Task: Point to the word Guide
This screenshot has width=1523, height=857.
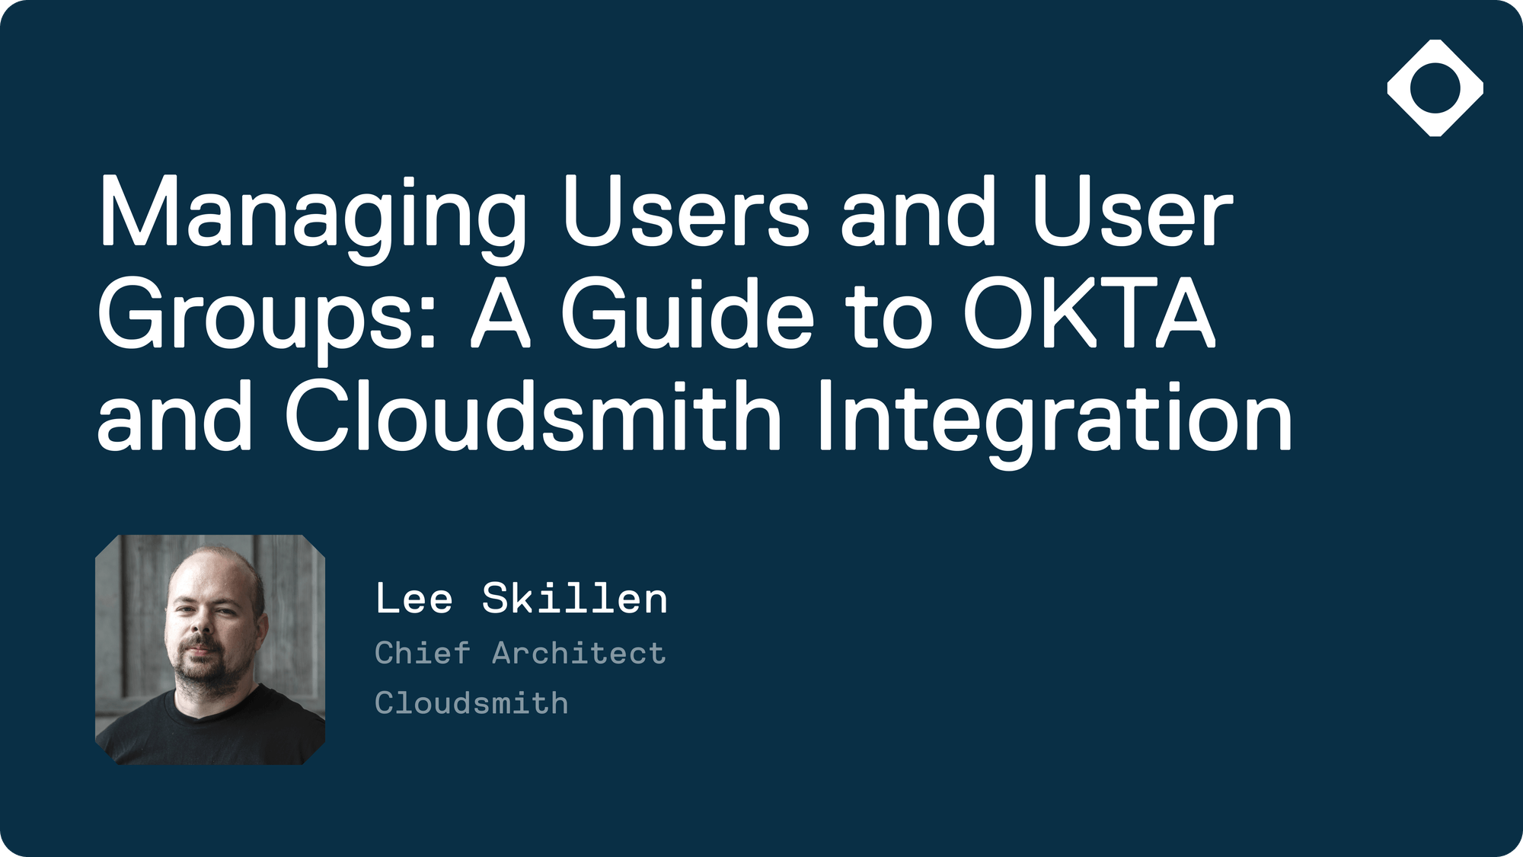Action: (688, 314)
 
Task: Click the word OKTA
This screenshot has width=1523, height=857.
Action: (1089, 314)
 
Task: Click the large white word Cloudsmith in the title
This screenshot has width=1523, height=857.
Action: (533, 416)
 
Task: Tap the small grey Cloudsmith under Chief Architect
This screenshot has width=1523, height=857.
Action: (471, 703)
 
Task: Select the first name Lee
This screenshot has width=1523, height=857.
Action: (414, 599)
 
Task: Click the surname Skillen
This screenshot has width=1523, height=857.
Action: (575, 598)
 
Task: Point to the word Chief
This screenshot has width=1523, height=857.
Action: (423, 653)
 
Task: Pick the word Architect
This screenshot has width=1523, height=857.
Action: (579, 653)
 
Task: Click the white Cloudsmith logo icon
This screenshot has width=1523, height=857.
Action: (1435, 88)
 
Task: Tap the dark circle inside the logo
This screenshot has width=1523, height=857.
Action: (1435, 88)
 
